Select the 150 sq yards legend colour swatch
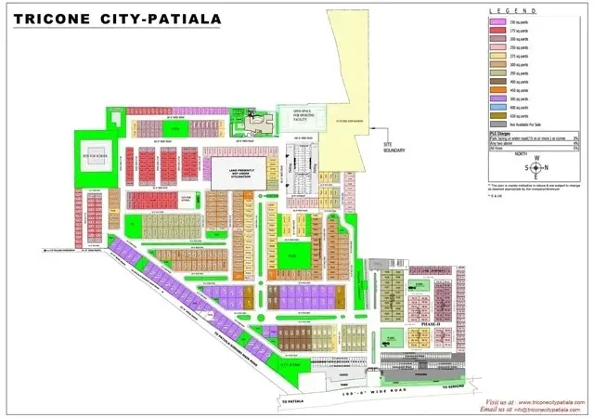pos(497,21)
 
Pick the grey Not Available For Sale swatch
pos(497,124)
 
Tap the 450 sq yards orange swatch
pos(497,89)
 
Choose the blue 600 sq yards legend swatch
pos(497,106)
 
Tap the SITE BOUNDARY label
pos(395,147)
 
